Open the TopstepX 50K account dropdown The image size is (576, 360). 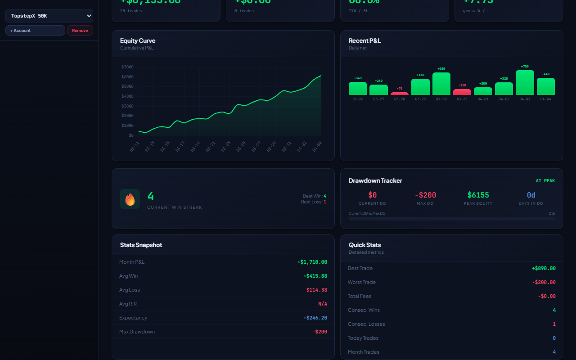(x=49, y=16)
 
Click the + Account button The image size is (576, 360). (x=35, y=31)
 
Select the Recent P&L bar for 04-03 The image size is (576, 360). (x=525, y=83)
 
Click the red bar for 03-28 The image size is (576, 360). (x=400, y=94)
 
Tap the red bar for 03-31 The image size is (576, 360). (x=462, y=92)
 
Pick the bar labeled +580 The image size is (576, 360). (x=441, y=84)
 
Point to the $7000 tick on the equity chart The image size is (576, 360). (x=127, y=67)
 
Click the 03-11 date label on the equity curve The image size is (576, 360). (x=135, y=146)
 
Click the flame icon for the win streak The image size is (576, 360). (x=130, y=199)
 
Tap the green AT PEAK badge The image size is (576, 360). (x=545, y=181)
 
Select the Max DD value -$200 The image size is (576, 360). (x=425, y=195)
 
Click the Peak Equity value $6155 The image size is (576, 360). (x=478, y=195)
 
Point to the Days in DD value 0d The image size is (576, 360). (x=531, y=195)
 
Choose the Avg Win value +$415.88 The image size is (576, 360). (x=315, y=276)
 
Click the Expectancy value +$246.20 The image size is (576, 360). (x=315, y=318)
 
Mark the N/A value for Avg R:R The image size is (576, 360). (x=323, y=304)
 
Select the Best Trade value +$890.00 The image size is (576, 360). (x=544, y=268)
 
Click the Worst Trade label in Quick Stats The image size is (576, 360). (x=361, y=282)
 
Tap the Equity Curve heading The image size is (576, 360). (x=138, y=40)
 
